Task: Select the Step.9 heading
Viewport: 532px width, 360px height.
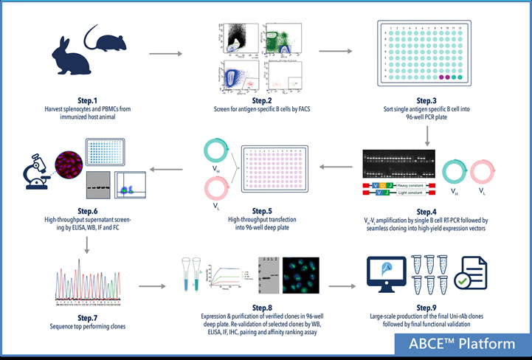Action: pyautogui.click(x=428, y=306)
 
